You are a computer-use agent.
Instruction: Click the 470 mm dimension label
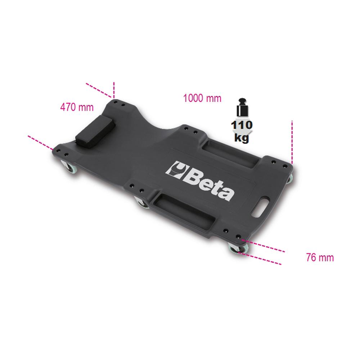pyautogui.click(x=77, y=107)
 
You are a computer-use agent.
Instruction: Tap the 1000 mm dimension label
pyautogui.click(x=202, y=98)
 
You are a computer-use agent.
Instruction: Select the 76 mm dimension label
pyautogui.click(x=320, y=258)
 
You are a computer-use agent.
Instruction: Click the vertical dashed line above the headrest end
pyautogui.click(x=114, y=89)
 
